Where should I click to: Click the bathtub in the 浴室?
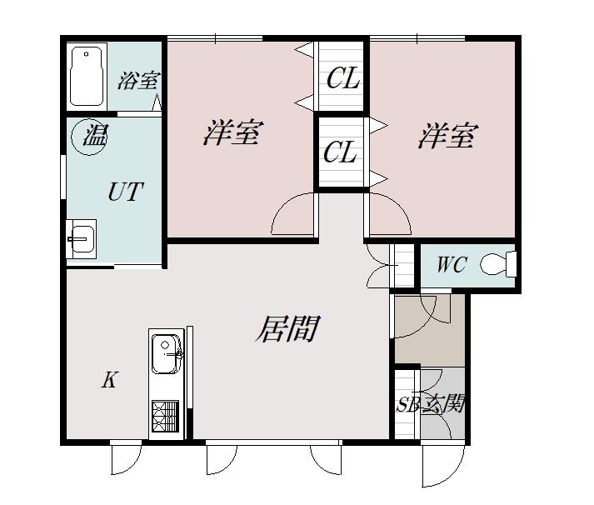[87, 76]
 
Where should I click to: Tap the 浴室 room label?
[138, 80]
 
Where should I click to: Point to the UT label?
[126, 192]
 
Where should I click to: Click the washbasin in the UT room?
[82, 238]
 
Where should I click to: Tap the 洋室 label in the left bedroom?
[232, 132]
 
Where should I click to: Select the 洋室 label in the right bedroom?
[448, 135]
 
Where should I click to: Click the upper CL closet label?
[343, 78]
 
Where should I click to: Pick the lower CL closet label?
[340, 152]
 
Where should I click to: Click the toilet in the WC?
[498, 262]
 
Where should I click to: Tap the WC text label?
[452, 264]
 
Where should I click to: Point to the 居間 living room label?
[288, 328]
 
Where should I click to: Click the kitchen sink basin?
[167, 354]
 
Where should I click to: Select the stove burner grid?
[165, 416]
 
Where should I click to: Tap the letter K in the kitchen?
[110, 380]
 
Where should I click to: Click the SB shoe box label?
[407, 405]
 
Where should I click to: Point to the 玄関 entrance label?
[443, 403]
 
